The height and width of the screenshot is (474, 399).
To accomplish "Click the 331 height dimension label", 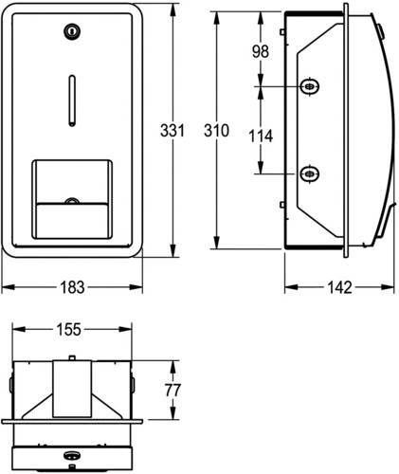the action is [x=172, y=131].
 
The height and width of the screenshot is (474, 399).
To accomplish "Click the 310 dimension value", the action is [x=216, y=131].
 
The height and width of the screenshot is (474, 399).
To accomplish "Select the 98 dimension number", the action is [x=261, y=51].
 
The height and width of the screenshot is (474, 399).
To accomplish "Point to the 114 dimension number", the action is [x=261, y=137].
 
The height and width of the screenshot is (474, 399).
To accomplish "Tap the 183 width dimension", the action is [x=72, y=287].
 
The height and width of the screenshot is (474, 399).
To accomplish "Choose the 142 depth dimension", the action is [x=339, y=287].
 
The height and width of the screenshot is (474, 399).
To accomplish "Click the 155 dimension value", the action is [x=69, y=330].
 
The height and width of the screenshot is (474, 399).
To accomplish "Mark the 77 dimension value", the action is [x=172, y=391].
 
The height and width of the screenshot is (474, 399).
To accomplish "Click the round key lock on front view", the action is [x=72, y=31].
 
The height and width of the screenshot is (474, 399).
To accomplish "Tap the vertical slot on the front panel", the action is [x=72, y=100].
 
